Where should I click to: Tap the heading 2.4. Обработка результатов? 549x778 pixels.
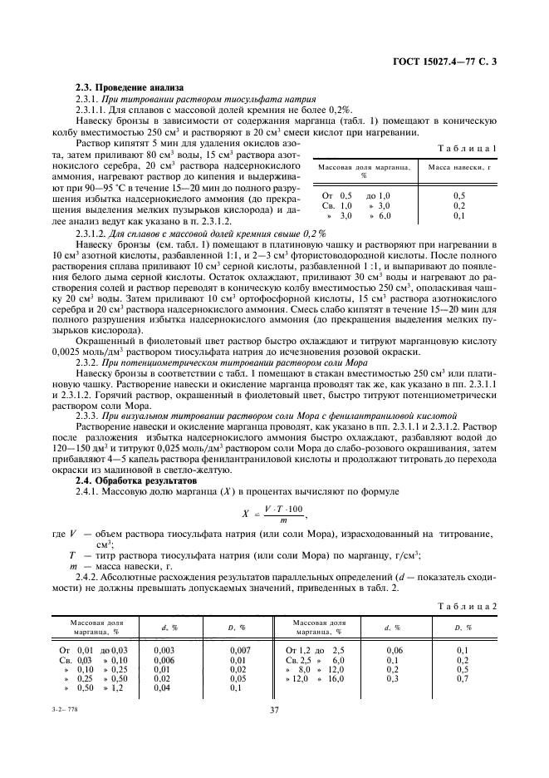click(135, 480)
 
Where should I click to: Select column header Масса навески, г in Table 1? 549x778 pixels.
click(459, 167)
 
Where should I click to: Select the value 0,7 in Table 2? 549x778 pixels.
click(463, 678)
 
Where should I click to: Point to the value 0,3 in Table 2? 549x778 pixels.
click(394, 678)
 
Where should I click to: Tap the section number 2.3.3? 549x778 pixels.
click(88, 414)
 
